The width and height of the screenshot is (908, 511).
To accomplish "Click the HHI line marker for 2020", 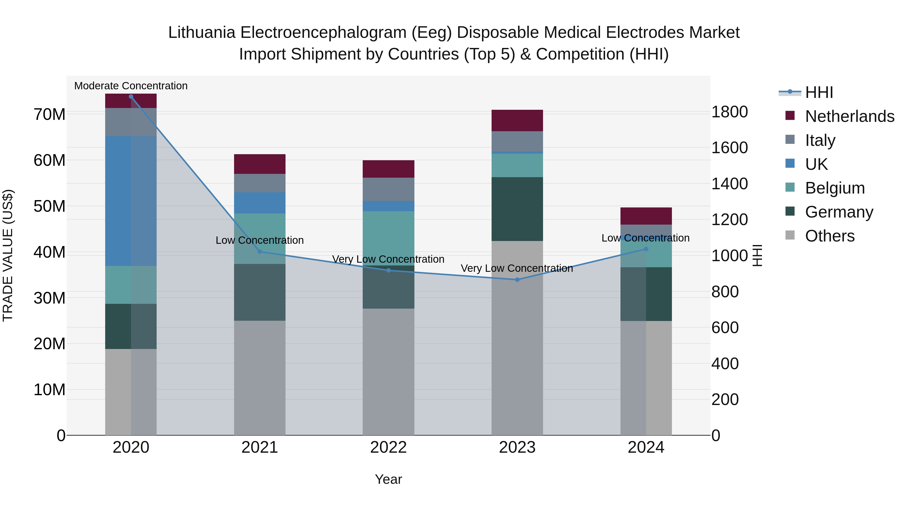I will [x=131, y=97].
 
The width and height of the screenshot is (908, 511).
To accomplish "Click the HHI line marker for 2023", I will [x=517, y=280].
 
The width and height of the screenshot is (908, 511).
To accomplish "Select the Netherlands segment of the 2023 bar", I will [x=517, y=121].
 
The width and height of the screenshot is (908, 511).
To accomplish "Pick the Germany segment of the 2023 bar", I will [x=517, y=209].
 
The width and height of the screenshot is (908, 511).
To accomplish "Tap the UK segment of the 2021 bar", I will [x=260, y=203].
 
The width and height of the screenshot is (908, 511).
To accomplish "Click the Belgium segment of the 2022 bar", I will [x=388, y=238].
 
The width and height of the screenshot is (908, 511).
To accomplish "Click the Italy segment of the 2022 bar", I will [x=388, y=189].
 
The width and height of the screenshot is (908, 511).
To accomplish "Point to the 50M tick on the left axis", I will [x=49, y=206].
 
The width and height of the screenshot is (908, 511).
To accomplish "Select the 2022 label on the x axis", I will [x=388, y=447].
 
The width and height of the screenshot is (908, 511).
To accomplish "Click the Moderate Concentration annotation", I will [x=131, y=86].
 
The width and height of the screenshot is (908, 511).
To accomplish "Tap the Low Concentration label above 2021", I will [x=260, y=240].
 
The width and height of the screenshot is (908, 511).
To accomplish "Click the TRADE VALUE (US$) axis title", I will [x=8, y=255].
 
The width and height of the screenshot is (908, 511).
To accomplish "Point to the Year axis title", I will [x=388, y=479].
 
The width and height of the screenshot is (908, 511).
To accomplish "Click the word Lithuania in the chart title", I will [x=202, y=33].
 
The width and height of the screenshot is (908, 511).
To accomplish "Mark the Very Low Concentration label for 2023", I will [x=517, y=268].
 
